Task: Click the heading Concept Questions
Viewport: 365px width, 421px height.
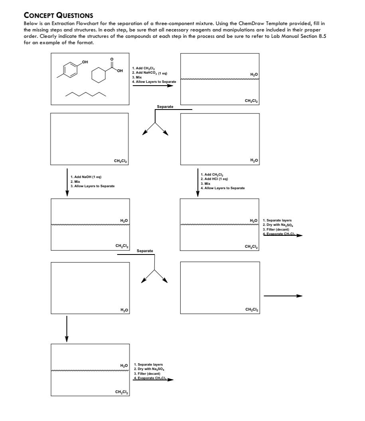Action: (x=58, y=16)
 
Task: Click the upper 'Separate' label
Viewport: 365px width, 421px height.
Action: (x=165, y=107)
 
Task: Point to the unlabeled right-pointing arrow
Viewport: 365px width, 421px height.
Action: (x=283, y=296)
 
